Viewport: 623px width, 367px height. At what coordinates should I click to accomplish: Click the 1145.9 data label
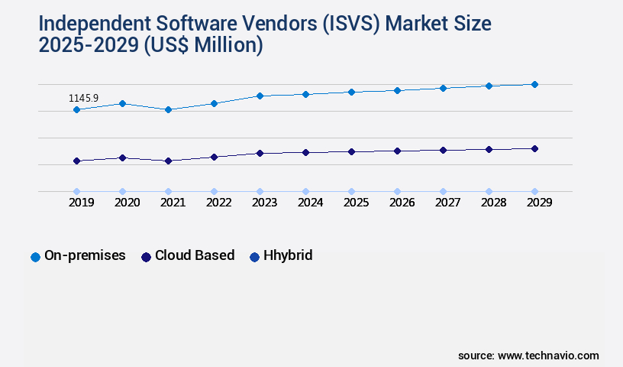coord(83,99)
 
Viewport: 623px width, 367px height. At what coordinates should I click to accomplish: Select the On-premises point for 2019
coord(76,109)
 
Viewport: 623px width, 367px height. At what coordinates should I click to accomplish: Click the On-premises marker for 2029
coord(534,84)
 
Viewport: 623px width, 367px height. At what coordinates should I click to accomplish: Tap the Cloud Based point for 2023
coord(260,153)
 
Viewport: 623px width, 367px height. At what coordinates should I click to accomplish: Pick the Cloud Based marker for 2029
coord(534,148)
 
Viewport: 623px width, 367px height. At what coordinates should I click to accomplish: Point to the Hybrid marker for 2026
coord(397,191)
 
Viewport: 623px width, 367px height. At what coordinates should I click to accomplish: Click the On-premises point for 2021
coord(168,109)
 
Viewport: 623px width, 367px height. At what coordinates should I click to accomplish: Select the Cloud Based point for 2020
coord(122,158)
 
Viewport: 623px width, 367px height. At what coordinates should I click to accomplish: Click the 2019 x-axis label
coord(82,203)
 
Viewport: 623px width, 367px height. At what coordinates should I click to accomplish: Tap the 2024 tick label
coord(311,203)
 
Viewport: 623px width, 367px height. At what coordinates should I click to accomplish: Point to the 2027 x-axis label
coord(448,203)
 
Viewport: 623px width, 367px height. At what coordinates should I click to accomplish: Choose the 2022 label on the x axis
coord(219,203)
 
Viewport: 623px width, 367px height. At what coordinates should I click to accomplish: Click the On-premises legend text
coord(85,256)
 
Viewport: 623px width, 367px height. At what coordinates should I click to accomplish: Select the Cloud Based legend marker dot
coord(146,257)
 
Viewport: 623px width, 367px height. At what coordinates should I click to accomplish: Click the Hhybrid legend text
coord(288,256)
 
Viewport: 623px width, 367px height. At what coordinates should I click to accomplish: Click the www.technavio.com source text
coord(548,356)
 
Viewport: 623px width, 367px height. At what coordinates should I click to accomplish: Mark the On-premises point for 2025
coord(351,92)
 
